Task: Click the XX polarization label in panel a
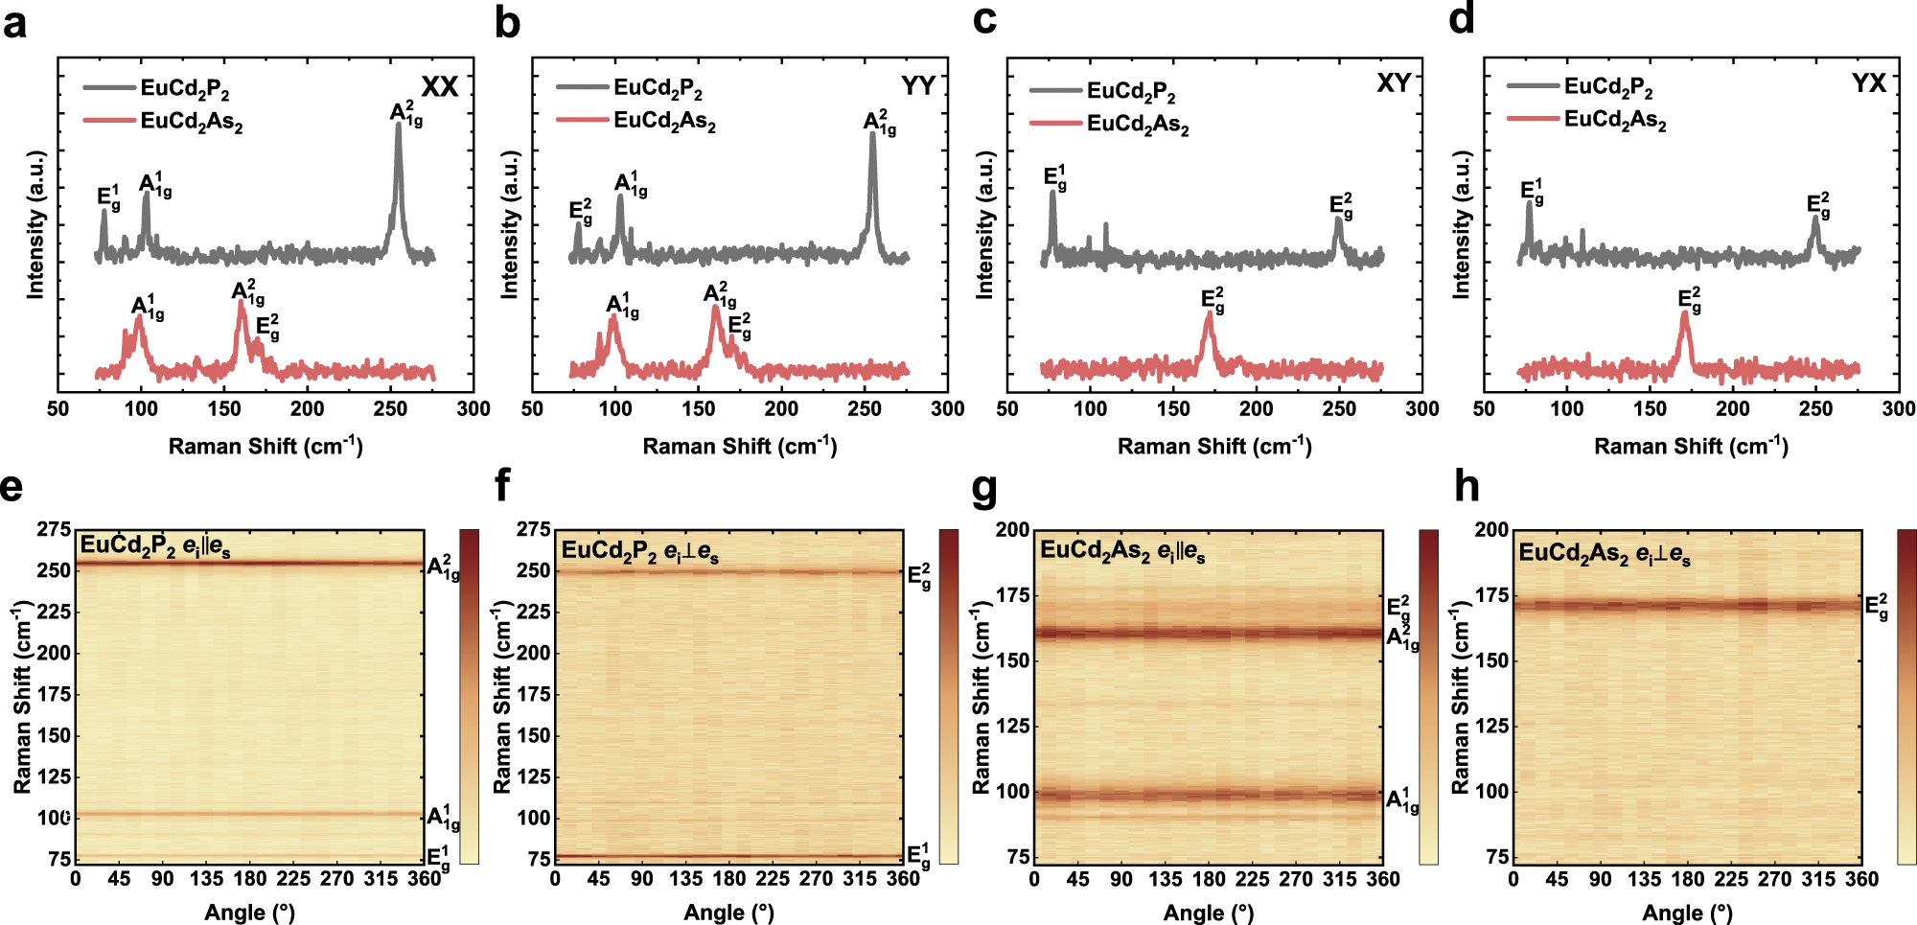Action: [x=440, y=87]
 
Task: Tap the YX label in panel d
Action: [x=1868, y=83]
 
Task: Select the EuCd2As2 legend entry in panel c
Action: [x=1137, y=125]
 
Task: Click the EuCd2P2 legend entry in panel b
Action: [x=658, y=88]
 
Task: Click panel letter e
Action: [x=12, y=487]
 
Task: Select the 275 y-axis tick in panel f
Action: [x=534, y=529]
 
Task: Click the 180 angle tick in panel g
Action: [x=1209, y=879]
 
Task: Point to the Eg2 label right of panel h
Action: [x=1877, y=607]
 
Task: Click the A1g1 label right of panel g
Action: [x=1402, y=800]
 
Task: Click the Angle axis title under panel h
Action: [x=1687, y=913]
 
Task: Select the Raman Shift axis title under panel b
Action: [x=739, y=446]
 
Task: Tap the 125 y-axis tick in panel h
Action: [x=1491, y=726]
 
